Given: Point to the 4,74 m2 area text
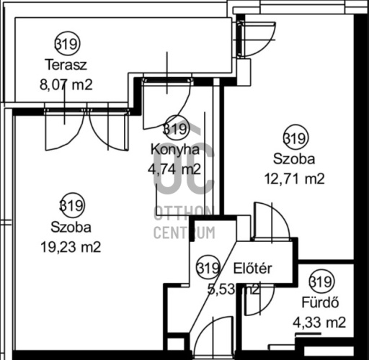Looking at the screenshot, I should [175, 169].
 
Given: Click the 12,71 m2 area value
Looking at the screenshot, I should [295, 178].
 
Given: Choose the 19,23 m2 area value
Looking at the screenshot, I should [71, 246].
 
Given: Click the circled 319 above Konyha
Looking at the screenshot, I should [175, 129].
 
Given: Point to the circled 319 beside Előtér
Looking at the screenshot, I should [208, 269].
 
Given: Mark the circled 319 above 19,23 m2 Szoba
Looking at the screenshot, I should [71, 206].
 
